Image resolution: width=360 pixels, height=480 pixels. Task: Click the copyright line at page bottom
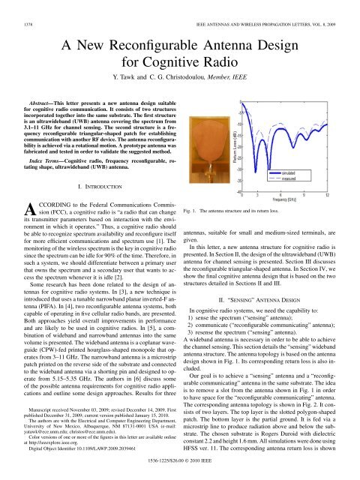[181, 474]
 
